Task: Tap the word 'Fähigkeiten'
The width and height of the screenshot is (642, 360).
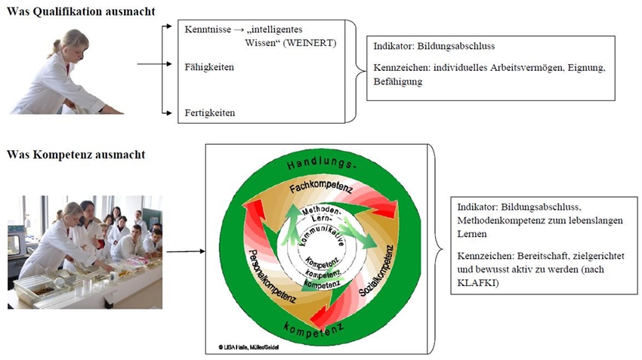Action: coord(209,68)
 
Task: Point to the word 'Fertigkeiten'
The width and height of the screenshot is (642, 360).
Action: coord(210,113)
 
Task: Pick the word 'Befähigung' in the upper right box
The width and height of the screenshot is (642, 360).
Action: coord(397,82)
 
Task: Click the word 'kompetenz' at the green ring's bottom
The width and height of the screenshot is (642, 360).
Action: coord(316,328)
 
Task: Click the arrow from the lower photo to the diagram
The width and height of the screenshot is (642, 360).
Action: coord(184,250)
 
